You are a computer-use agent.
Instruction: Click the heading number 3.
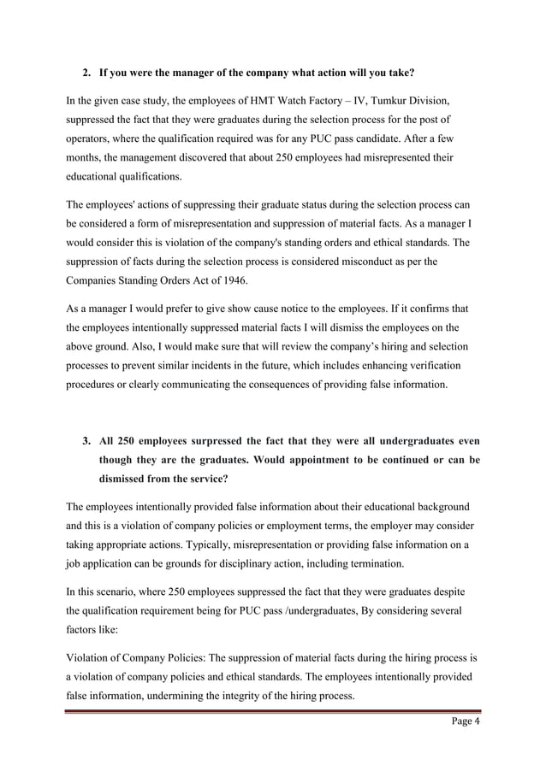[x=86, y=441]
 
